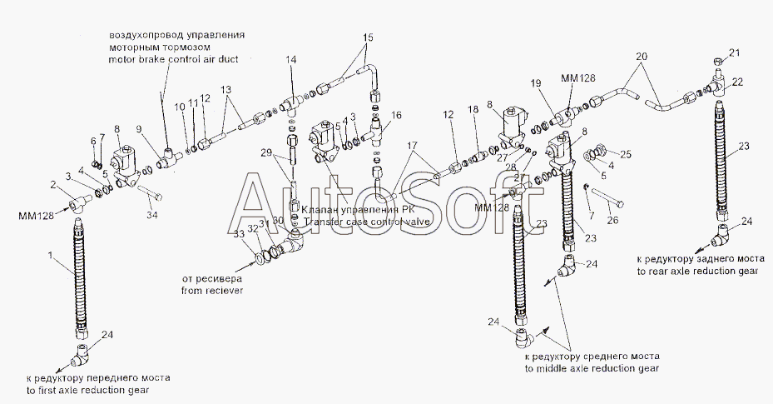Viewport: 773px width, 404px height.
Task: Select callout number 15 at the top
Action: [x=369, y=38]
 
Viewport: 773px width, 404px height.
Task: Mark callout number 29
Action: [x=266, y=153]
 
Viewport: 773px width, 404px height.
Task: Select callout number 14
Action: [x=291, y=60]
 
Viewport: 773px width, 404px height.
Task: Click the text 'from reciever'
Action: [x=211, y=292]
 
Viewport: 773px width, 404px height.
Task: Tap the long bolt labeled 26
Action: [x=609, y=202]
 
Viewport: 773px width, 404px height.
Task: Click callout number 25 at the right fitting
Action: [x=627, y=154]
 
